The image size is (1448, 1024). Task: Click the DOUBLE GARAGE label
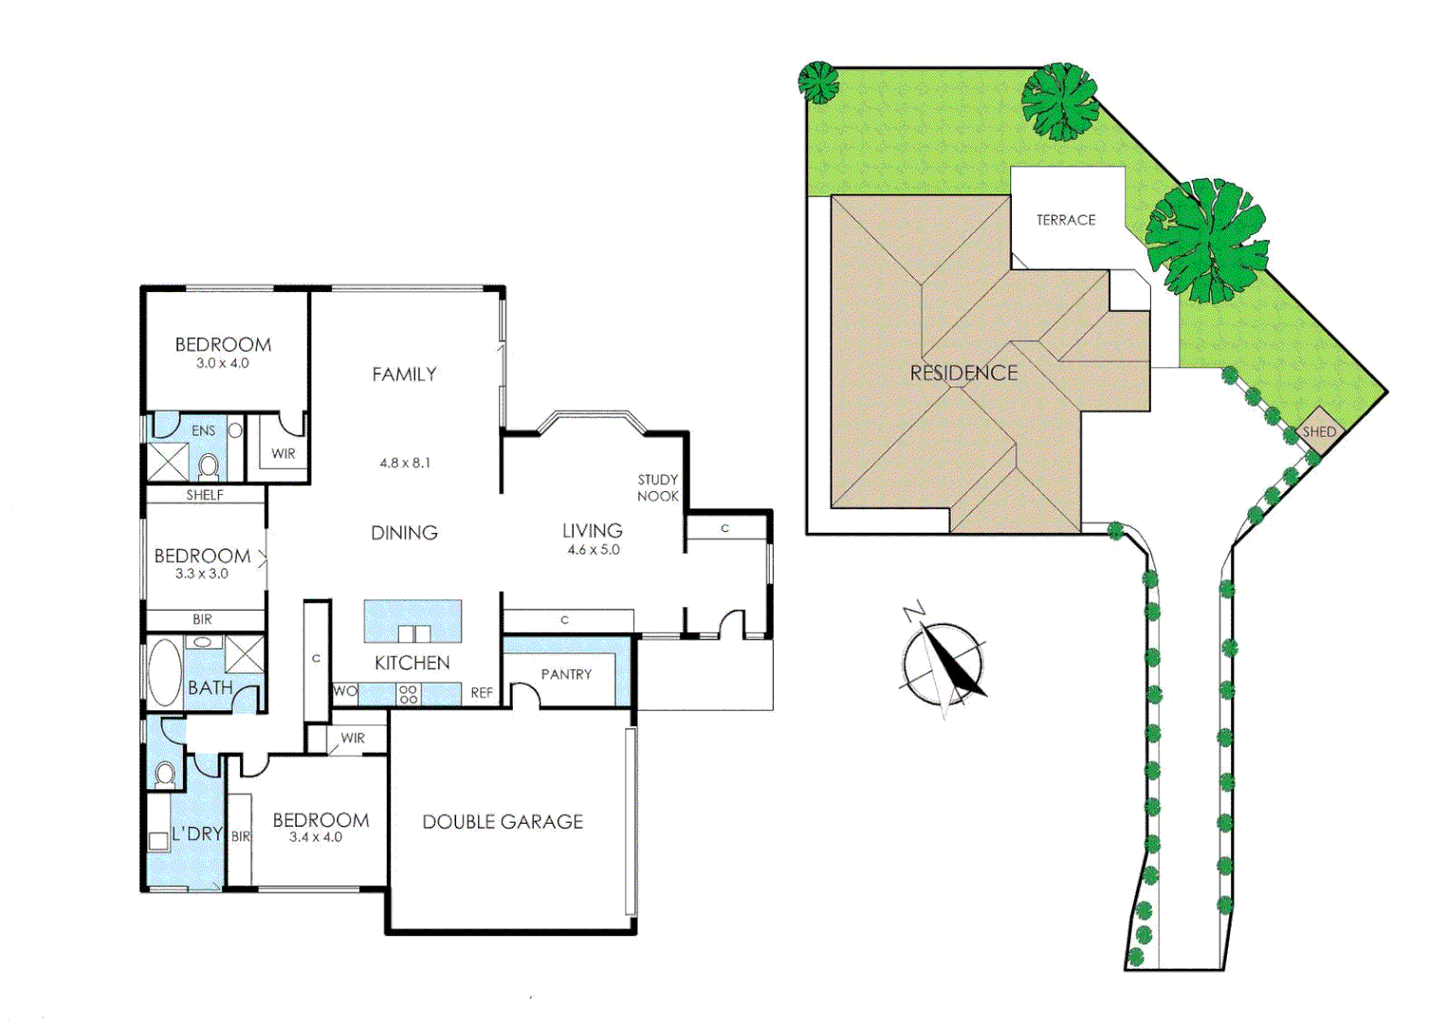[x=503, y=822]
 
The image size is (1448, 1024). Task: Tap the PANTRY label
[x=566, y=674]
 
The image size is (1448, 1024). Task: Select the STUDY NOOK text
[x=657, y=487]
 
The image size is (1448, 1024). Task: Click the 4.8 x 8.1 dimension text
[x=405, y=463]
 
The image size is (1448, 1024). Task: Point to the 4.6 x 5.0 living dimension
[x=594, y=550]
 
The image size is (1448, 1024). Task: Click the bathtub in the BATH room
[x=164, y=671]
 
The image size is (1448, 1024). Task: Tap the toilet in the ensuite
[x=209, y=466]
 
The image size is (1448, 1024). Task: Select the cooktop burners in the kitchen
[x=409, y=694]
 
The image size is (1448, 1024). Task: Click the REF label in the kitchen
[x=482, y=693]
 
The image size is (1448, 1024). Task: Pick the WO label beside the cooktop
[x=345, y=691]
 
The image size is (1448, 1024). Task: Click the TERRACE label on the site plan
[x=1066, y=220]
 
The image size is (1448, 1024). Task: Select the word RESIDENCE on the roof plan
[x=963, y=374]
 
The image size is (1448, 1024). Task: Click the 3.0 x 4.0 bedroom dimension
[x=223, y=363]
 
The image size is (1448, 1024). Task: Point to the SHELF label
[x=205, y=495]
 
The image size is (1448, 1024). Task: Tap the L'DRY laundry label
[x=197, y=833]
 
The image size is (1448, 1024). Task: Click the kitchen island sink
[x=413, y=633]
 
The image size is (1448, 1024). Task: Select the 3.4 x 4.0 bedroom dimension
[x=316, y=837]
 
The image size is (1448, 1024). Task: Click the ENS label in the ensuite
[x=204, y=430]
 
